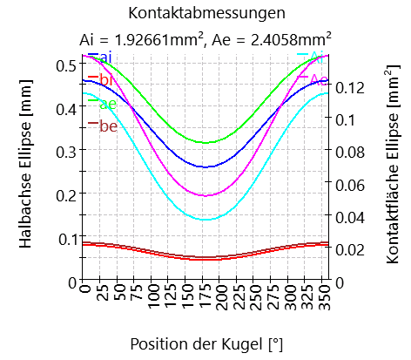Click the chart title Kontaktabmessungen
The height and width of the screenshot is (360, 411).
point(205,13)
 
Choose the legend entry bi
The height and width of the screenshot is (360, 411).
point(105,80)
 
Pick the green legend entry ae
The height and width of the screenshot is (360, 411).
point(107,104)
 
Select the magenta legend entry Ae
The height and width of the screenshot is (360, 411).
point(317,80)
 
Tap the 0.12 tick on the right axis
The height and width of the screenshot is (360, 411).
point(348,86)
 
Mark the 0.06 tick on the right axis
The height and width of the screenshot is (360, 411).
point(348,184)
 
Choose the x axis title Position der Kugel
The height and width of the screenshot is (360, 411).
point(206,343)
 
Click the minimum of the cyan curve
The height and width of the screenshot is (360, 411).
point(205,220)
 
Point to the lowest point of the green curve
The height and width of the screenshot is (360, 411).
point(205,143)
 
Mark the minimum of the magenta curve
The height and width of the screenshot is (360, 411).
point(205,195)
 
